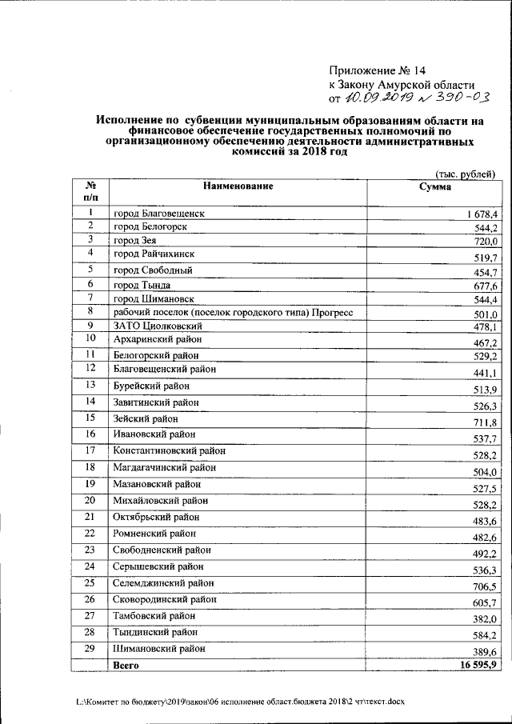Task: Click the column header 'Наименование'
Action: click(x=238, y=186)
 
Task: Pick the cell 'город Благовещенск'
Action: click(x=160, y=214)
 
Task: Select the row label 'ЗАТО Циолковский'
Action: click(x=158, y=326)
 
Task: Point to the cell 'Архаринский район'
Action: click(x=157, y=340)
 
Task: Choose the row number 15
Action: click(x=90, y=418)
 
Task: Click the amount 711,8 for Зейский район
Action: click(x=485, y=422)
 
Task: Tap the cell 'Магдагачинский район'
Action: click(x=165, y=467)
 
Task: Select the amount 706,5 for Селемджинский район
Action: click(x=485, y=586)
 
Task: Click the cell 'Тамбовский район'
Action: click(x=154, y=616)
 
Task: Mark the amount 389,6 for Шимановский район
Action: click(x=485, y=653)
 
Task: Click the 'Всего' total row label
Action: click(x=126, y=665)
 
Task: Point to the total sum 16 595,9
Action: click(x=477, y=665)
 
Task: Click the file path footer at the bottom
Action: click(x=241, y=701)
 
